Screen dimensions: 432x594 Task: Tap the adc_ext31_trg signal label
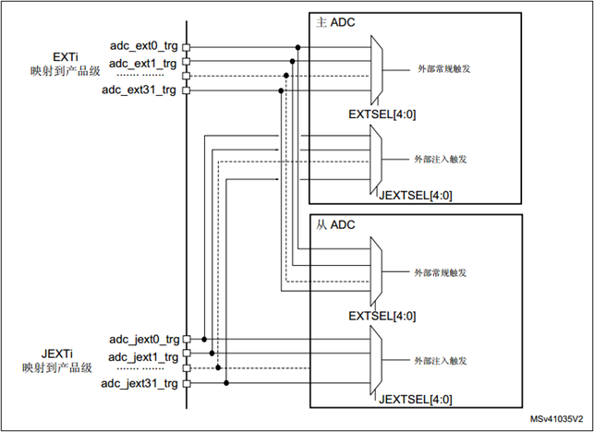click(140, 90)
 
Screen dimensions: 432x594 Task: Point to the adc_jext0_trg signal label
click(142, 340)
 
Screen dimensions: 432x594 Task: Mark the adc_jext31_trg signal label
click(139, 383)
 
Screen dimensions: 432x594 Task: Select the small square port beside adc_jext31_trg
click(187, 383)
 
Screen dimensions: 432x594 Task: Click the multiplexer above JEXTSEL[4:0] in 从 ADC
click(376, 358)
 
